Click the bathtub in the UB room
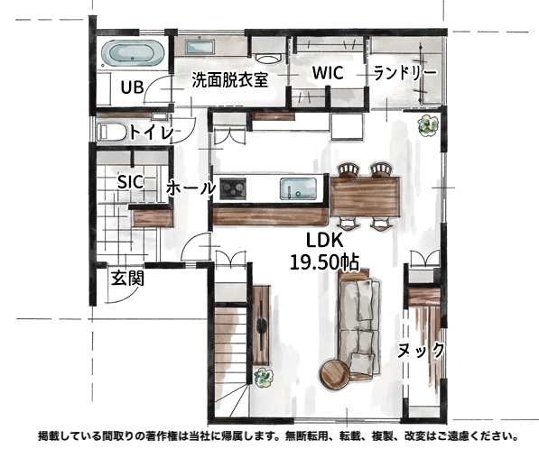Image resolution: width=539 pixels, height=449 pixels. (133, 54)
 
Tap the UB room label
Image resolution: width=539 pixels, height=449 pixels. (133, 87)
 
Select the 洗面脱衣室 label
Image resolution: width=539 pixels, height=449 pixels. (230, 79)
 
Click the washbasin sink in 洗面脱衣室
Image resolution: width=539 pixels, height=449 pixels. (200, 46)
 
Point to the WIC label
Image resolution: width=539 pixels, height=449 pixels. (328, 73)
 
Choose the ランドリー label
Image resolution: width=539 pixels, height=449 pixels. (405, 72)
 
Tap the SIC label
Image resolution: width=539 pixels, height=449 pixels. (130, 181)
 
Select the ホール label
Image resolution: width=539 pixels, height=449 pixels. (191, 188)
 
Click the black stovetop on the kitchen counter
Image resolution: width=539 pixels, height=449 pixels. (233, 188)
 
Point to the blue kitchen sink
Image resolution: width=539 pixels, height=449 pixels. (298, 188)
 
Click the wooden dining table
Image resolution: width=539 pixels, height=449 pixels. (366, 197)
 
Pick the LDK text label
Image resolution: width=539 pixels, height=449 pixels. (324, 241)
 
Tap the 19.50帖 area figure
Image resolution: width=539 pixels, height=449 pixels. (324, 262)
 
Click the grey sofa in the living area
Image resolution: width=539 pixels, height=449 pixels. (359, 326)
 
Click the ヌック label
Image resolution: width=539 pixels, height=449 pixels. (421, 351)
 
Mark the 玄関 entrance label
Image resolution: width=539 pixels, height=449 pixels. (127, 278)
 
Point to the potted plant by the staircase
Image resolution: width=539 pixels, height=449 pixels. (264, 377)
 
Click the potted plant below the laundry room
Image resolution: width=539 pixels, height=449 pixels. (428, 125)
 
